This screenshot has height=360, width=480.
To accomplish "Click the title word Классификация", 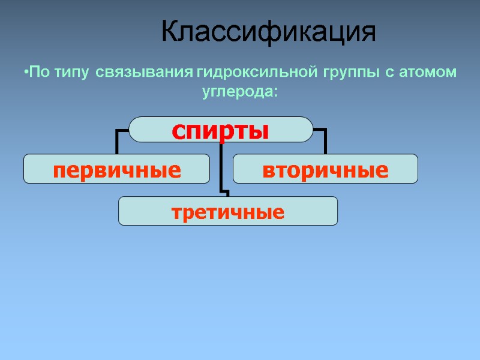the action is [x=269, y=32].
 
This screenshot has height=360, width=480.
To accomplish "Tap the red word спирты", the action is [x=221, y=130].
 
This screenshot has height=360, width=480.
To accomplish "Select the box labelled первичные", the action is [x=117, y=169].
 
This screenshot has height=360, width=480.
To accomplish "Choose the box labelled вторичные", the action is [x=325, y=169].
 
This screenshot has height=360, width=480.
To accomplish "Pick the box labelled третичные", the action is [x=228, y=211].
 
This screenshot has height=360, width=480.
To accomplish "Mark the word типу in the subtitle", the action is [x=70, y=73].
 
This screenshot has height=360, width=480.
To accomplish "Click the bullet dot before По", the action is [x=27, y=73].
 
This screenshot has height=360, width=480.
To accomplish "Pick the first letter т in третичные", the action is [x=176, y=212].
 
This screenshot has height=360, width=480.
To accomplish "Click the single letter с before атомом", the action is [x=389, y=74].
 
